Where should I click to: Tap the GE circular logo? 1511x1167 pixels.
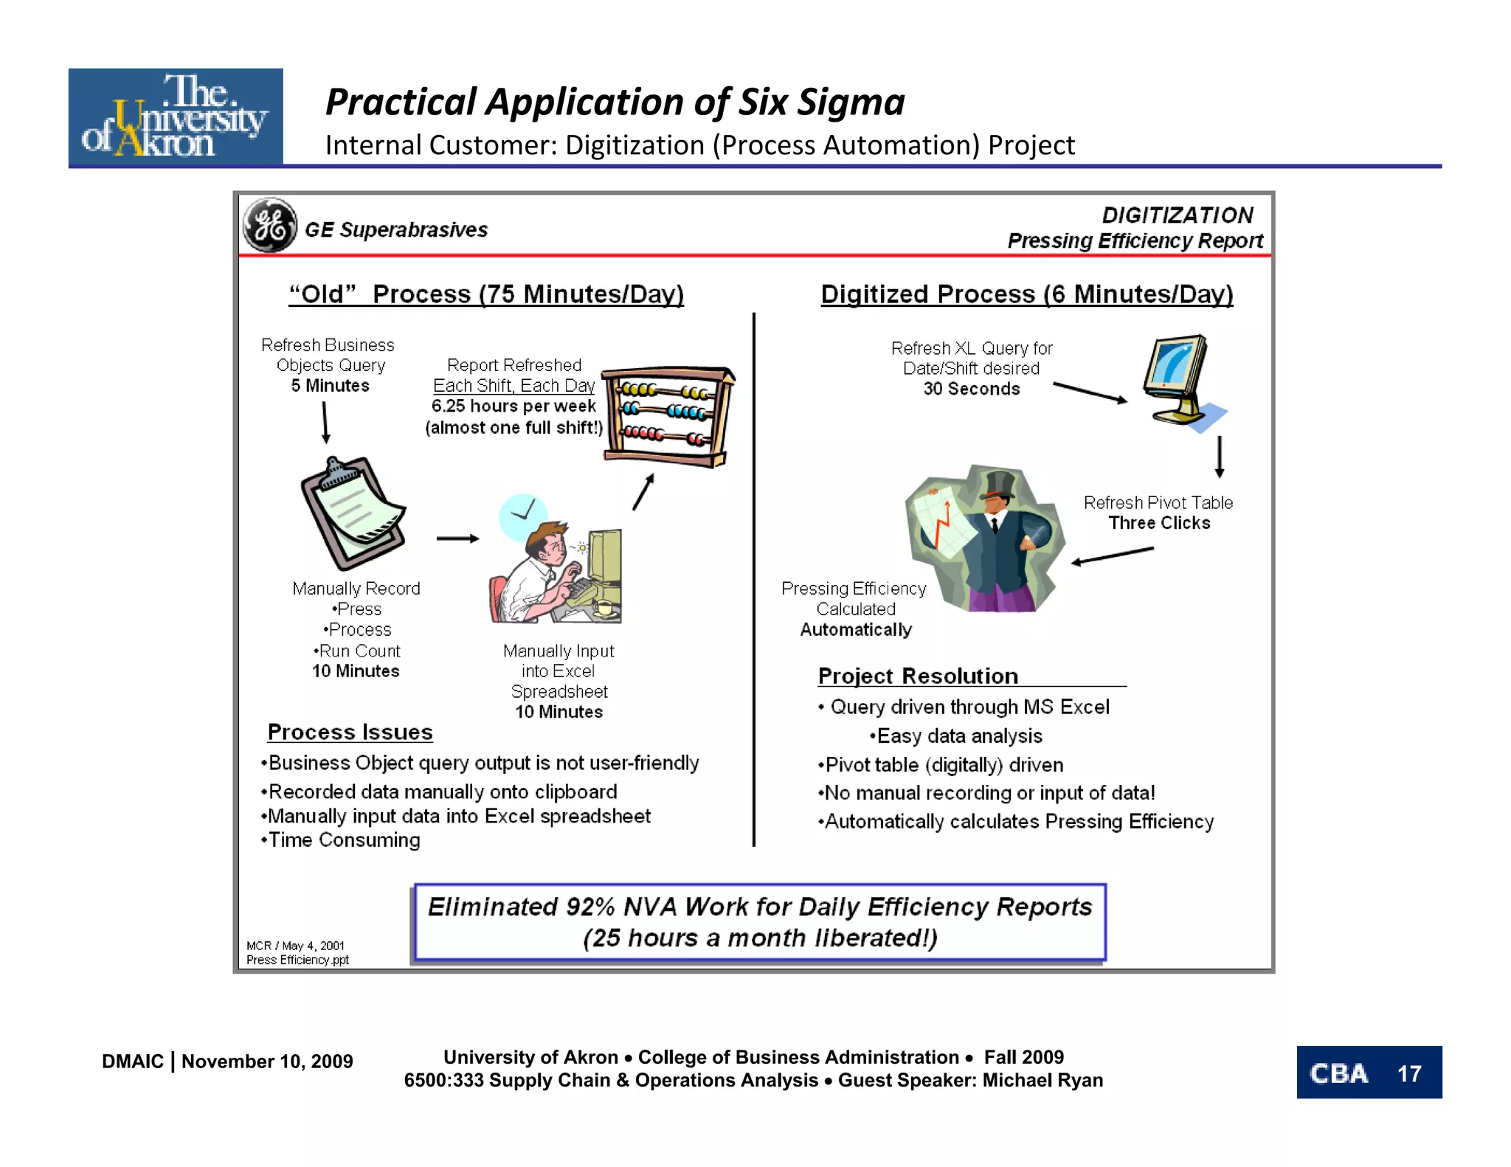(270, 225)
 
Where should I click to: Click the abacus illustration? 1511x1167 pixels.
(668, 417)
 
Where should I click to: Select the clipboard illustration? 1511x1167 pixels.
(353, 513)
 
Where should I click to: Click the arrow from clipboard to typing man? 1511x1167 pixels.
(457, 539)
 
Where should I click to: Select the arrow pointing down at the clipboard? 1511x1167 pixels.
(325, 423)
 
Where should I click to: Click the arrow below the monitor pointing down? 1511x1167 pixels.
(1220, 457)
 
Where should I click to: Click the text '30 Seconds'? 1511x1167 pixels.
(972, 389)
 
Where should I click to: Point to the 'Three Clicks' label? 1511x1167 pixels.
(1159, 523)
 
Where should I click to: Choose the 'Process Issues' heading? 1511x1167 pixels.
(350, 732)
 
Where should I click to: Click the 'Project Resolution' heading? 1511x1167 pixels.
(918, 676)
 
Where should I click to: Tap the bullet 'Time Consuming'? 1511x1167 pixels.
(344, 840)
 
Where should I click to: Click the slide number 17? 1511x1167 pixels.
(1408, 1073)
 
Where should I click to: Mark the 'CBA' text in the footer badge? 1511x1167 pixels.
(1338, 1073)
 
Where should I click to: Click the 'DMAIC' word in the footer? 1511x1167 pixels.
(133, 1062)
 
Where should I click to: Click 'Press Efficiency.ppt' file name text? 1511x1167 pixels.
(297, 960)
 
